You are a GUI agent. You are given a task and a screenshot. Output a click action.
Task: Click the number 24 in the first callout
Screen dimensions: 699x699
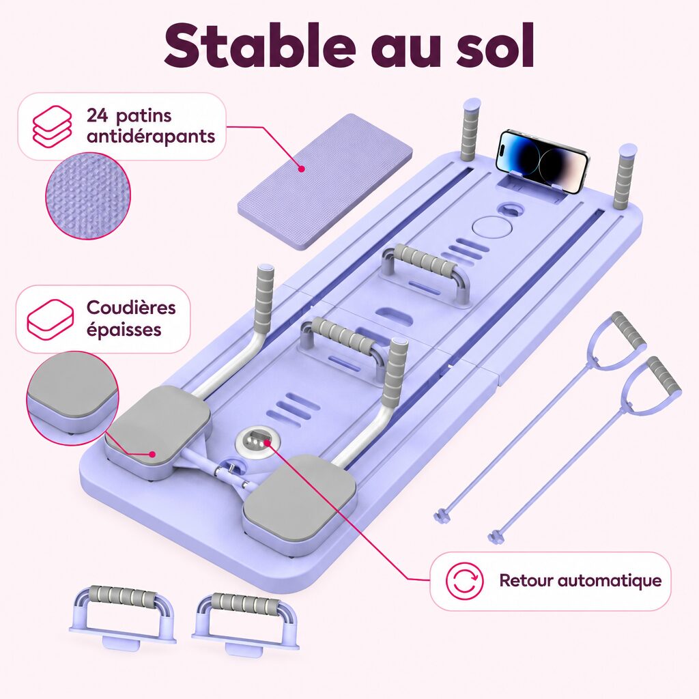click(x=97, y=115)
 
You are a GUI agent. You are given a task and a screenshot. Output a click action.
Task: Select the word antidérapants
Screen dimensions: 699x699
click(x=151, y=136)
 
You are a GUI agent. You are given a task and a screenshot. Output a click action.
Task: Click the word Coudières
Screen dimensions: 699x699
click(x=131, y=307)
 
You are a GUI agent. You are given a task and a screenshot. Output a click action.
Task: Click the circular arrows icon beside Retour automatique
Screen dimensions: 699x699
click(x=464, y=580)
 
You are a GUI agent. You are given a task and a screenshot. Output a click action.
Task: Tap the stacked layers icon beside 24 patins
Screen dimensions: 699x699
click(x=52, y=126)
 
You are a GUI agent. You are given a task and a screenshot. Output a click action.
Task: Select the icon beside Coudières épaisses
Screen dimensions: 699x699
click(x=50, y=319)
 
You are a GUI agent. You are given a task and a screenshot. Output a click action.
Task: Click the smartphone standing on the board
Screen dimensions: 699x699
click(x=542, y=161)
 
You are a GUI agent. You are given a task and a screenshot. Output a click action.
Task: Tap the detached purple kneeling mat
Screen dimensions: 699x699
click(x=325, y=182)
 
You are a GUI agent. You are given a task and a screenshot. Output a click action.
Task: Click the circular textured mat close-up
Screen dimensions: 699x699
click(x=88, y=196)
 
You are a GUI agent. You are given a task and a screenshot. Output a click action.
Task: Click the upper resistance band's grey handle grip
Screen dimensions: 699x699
click(x=629, y=330)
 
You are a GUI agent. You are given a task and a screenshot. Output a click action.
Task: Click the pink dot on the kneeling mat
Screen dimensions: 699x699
click(x=301, y=169)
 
